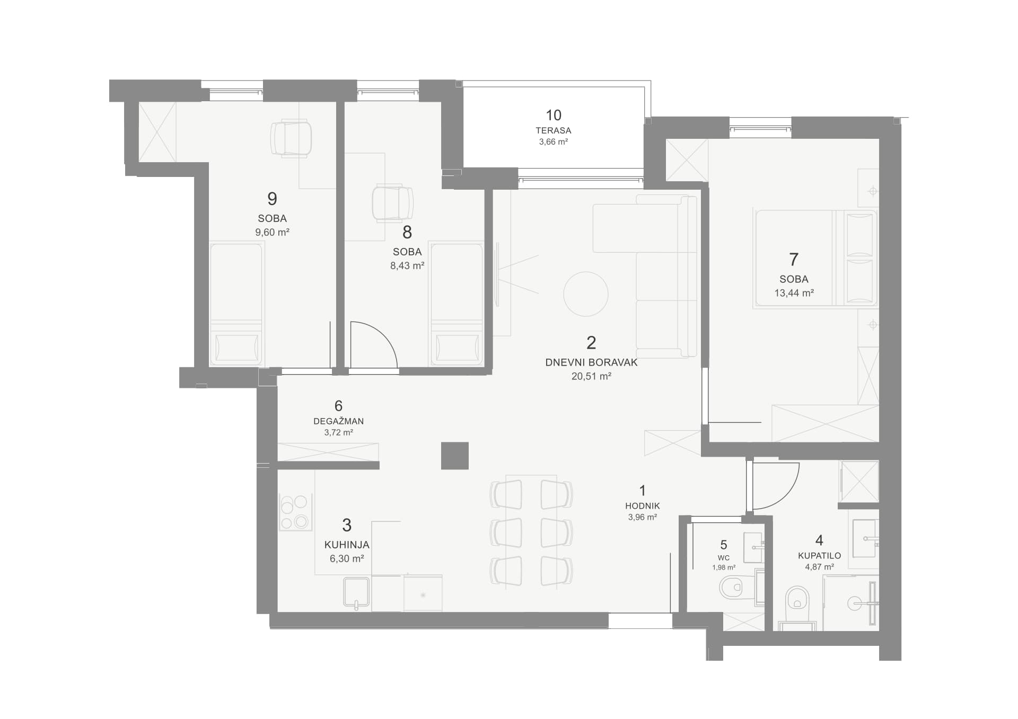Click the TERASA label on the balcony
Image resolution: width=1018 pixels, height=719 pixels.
(553, 130)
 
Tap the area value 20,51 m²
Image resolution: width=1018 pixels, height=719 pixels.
(591, 376)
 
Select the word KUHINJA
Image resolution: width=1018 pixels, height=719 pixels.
(347, 545)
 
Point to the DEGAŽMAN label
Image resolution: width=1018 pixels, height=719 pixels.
(338, 421)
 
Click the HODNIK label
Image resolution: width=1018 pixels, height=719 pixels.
(643, 506)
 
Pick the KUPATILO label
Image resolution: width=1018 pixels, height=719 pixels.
(819, 556)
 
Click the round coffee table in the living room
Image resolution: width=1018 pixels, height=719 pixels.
(585, 294)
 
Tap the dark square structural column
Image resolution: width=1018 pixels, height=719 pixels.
(455, 456)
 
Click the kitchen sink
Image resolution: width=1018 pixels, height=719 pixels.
(356, 593)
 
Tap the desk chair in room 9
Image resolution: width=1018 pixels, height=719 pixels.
(291, 139)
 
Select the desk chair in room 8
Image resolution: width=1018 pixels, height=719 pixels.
(392, 203)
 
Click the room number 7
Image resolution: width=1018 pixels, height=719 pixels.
(794, 260)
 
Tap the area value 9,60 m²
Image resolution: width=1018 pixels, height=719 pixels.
(272, 232)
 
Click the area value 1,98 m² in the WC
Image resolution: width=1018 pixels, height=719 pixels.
(724, 567)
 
